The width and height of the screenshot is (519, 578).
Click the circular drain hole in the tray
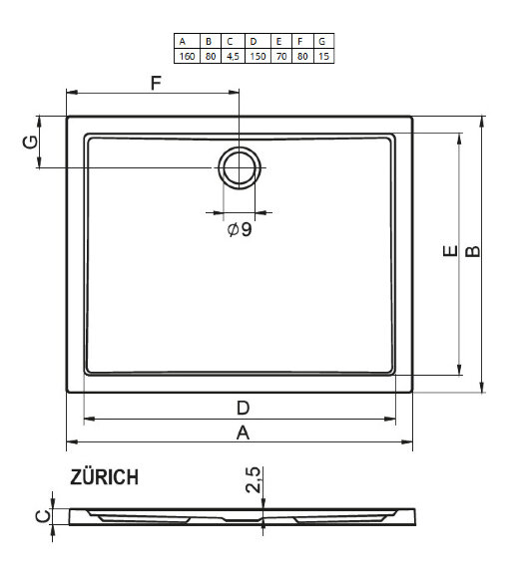239,167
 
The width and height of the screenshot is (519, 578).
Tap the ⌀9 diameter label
240,230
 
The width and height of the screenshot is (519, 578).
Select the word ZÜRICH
104,477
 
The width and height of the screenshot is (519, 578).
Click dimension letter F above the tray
156,84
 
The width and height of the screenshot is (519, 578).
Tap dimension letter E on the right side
450,252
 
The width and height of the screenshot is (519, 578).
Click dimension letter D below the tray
242,407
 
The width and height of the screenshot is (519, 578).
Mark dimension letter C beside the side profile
39,515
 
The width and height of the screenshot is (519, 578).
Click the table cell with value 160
185,56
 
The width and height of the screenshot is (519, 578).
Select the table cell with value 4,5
232,56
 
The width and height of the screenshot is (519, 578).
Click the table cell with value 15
323,56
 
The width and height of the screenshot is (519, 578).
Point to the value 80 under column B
209,56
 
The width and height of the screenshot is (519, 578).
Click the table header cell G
323,42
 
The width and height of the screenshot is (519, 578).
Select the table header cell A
185,42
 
